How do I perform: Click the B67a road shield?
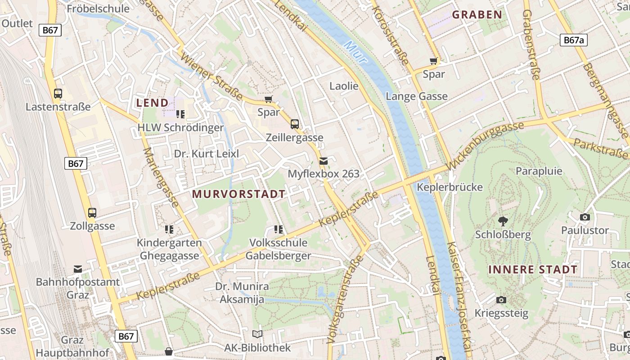pos(574,40)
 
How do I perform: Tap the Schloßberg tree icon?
pos(503,221)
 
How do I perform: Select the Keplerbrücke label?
pos(450,187)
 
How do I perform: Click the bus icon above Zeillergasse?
pos(295,124)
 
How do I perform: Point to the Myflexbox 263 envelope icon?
pos(323,161)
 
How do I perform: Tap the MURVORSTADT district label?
pos(238,194)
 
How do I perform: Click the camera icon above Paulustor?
pos(585,217)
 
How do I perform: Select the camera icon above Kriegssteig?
pos(501,300)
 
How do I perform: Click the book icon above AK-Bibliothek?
pos(257,334)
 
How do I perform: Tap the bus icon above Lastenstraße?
pos(58,93)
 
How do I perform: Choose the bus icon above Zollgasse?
pos(92,212)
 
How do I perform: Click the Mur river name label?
pos(355,52)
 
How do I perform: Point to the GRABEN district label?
pos(477,14)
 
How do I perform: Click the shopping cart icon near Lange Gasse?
pos(434,61)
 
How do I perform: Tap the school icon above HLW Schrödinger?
pos(180,114)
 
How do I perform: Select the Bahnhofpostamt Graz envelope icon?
pos(78,269)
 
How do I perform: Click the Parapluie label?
pos(539,171)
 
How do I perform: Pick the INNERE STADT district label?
pos(532,270)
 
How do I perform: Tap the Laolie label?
pos(344,86)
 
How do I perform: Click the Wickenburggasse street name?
pos(486,146)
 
